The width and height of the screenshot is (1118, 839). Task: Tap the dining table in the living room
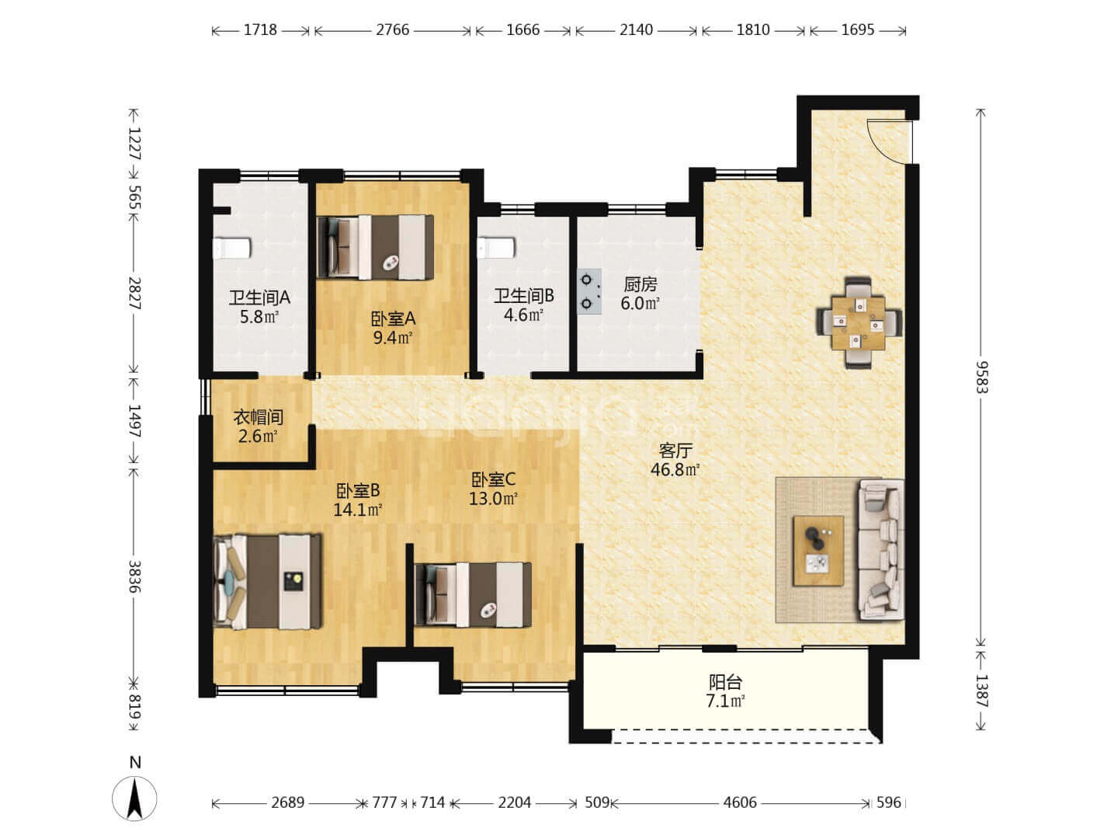(x=858, y=323)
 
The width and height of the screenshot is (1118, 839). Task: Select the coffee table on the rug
(x=818, y=551)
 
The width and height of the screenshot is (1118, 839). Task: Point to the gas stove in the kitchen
(x=589, y=291)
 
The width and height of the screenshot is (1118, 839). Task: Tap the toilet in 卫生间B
(x=496, y=248)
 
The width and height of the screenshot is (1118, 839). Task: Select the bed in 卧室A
(x=375, y=247)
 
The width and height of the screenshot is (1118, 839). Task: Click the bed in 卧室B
(x=267, y=581)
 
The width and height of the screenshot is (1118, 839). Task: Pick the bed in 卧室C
(x=473, y=594)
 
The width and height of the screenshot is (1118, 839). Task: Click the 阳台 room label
(x=725, y=682)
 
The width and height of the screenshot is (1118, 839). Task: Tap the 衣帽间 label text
(x=259, y=417)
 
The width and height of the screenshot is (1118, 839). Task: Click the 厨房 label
(x=641, y=284)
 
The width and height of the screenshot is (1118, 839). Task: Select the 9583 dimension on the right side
(x=981, y=378)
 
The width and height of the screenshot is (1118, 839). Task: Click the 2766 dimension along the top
(x=392, y=30)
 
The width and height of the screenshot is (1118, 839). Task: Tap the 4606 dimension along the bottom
(x=740, y=802)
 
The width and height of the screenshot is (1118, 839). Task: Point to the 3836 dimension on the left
(x=134, y=577)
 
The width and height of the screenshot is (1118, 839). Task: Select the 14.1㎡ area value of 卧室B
(x=358, y=510)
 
